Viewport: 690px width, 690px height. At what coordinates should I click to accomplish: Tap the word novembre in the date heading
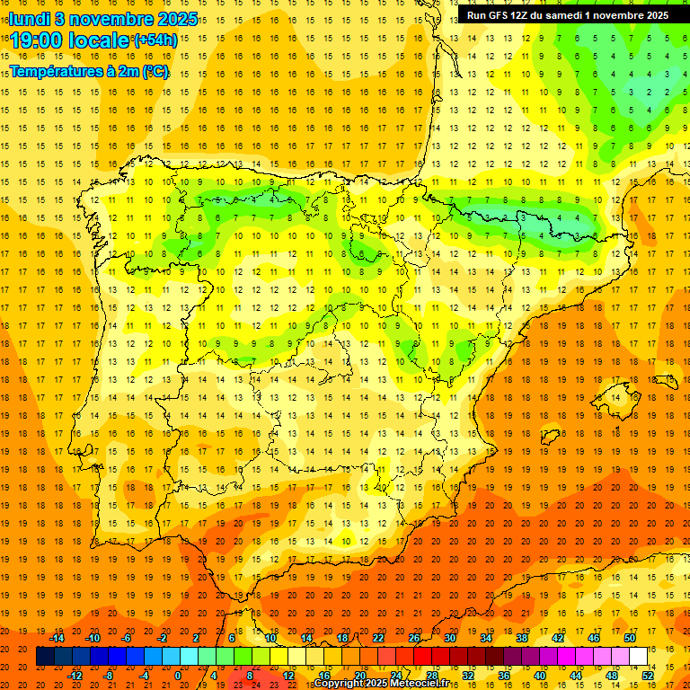tap(110, 19)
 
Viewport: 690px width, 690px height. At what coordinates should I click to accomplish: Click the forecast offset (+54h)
tap(155, 40)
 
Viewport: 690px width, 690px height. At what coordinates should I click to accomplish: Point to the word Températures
tap(56, 71)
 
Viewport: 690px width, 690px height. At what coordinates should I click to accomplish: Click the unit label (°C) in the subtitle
tap(155, 71)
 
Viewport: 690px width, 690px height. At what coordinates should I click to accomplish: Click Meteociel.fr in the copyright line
tap(428, 684)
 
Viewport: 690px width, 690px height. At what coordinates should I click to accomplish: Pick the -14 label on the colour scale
tap(57, 638)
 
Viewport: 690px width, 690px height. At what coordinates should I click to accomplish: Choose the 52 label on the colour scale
tap(648, 676)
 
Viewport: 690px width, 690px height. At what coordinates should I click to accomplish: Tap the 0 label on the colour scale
tap(178, 676)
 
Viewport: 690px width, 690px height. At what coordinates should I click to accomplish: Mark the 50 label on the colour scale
tap(630, 638)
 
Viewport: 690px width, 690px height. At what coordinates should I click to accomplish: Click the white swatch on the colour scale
tap(638, 657)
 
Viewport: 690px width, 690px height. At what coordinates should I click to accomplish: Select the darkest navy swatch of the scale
tap(45, 657)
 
